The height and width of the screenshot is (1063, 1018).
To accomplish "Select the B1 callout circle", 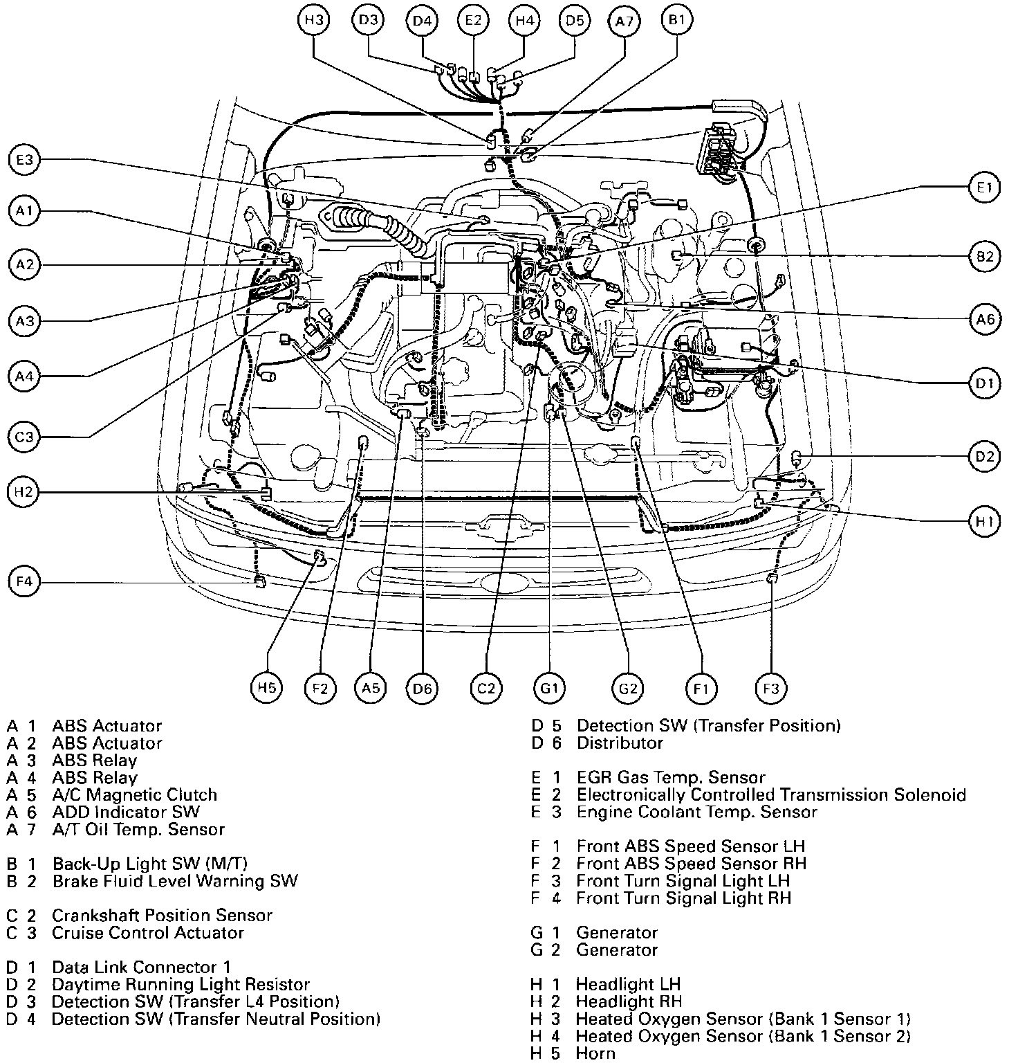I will pos(676,20).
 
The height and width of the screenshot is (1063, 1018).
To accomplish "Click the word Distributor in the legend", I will pos(620,743).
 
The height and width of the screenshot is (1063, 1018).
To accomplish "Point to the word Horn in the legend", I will pos(595,1053).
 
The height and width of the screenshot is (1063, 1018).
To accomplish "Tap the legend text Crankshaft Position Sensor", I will pos(163,916).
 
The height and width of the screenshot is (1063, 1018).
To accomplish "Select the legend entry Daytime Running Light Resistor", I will pos(181,984).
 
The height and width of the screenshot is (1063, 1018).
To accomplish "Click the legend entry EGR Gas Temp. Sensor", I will pos(671,778).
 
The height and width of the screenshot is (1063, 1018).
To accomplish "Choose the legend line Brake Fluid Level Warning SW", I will pos(175,881).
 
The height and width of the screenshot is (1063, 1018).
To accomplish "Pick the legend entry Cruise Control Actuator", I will pos(148,933).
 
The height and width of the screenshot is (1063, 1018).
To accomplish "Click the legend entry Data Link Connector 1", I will pos(141,967).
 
